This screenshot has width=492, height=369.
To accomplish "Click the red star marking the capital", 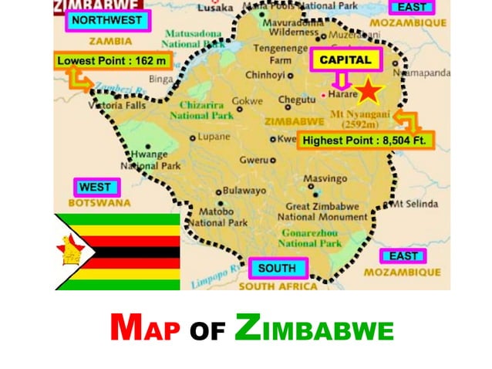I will click(x=369, y=91).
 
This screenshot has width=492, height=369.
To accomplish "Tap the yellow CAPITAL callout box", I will click(x=340, y=60).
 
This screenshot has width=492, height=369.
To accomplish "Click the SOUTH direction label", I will click(x=277, y=269).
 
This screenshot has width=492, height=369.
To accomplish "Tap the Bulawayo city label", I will click(x=244, y=190).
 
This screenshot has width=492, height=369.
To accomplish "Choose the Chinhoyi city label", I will click(x=265, y=75).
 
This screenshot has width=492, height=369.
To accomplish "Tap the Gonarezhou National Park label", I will click(x=308, y=237).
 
